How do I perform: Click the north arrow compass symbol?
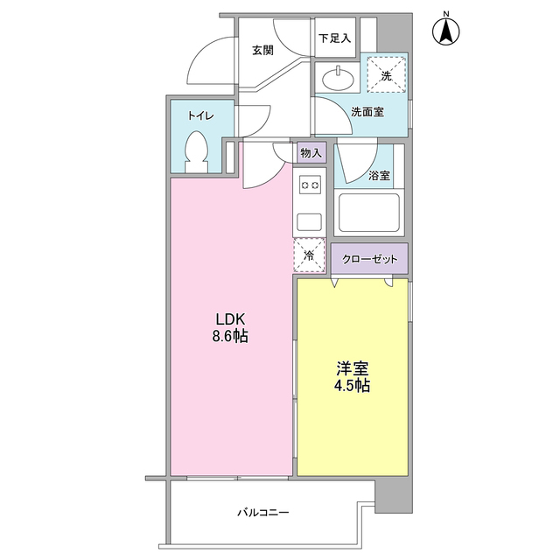446,31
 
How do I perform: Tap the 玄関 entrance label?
262,51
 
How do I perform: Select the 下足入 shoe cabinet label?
333,38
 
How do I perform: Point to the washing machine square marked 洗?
386,76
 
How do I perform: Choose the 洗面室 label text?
367,112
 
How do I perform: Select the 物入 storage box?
311,153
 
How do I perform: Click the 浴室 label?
380,176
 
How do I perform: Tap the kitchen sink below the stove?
310,220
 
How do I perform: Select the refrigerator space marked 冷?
310,255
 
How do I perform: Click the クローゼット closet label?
369,259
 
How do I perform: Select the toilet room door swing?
255,121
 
